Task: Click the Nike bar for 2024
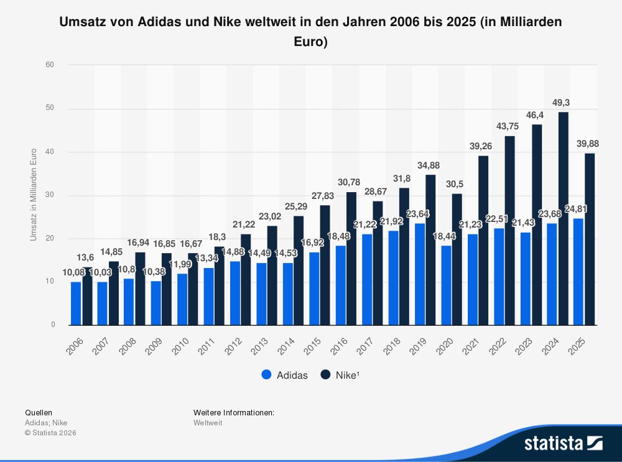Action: coord(564,218)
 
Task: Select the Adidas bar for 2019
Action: coord(420,274)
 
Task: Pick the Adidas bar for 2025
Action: coord(578,272)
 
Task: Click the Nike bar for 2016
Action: coord(351,259)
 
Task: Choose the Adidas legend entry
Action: coord(285,375)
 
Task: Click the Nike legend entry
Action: coord(341,375)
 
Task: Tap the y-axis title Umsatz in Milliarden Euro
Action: coord(34,195)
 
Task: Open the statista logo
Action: coord(563,443)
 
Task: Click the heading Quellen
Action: coord(39,412)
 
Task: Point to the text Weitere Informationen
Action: coord(234,412)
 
